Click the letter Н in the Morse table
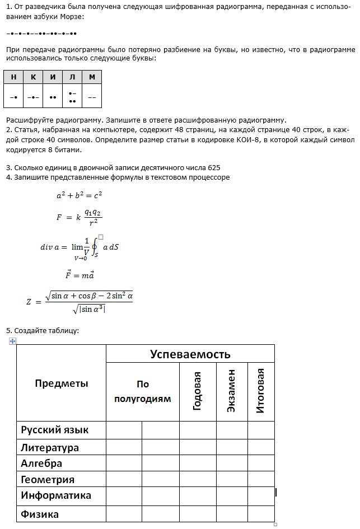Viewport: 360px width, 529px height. tap(13, 77)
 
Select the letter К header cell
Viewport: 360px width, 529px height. tap(33, 77)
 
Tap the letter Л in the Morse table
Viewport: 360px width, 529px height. tap(72, 77)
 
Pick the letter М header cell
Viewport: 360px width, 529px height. tap(92, 77)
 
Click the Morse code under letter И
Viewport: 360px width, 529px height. tap(53, 97)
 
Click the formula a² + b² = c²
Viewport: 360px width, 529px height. tap(79, 196)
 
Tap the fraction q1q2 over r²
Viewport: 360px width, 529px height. tap(93, 217)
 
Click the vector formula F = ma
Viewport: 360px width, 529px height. tap(80, 275)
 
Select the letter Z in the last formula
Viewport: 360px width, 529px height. tap(29, 302)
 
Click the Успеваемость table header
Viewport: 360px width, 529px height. tap(190, 354)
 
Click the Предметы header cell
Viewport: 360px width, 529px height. tap(62, 383)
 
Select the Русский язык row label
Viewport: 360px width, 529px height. tap(55, 430)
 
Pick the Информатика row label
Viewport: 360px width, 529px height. tap(56, 495)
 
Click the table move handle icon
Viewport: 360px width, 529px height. tap(12, 341)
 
